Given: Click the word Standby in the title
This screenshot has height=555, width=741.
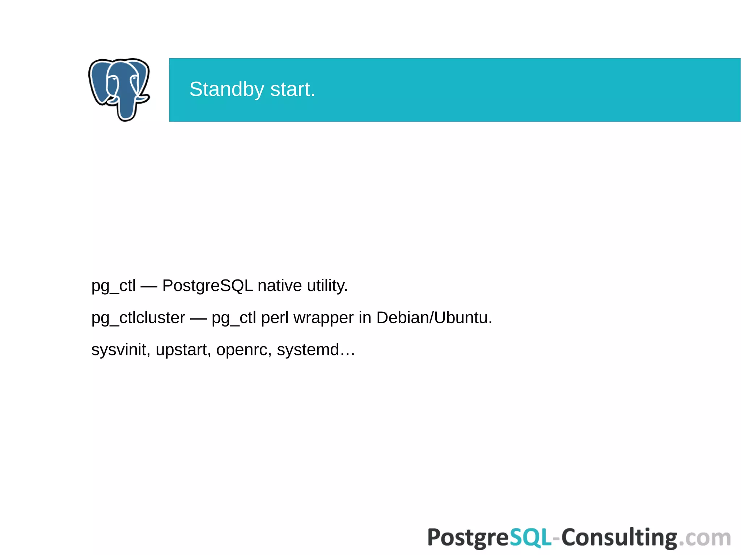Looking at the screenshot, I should (x=226, y=90).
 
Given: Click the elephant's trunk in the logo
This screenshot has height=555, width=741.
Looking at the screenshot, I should (x=126, y=108).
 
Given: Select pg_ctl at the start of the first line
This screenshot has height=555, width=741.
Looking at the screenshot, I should (x=113, y=286).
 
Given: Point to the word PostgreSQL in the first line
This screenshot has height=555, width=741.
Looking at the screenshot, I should (x=207, y=286).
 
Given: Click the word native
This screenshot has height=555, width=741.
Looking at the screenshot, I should (x=279, y=286).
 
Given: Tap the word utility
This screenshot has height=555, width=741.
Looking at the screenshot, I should (x=327, y=286).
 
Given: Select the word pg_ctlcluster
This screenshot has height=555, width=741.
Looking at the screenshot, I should (x=138, y=318).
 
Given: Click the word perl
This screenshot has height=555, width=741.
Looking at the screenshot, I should (x=275, y=318).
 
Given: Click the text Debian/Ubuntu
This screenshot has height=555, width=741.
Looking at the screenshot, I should (x=434, y=318).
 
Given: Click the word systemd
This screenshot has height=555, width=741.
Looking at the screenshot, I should (x=308, y=350).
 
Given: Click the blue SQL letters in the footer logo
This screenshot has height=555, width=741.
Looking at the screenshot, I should (x=530, y=537).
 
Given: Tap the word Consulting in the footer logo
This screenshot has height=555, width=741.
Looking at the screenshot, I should (x=619, y=538).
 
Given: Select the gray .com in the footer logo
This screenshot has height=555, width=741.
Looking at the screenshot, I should (x=704, y=538).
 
